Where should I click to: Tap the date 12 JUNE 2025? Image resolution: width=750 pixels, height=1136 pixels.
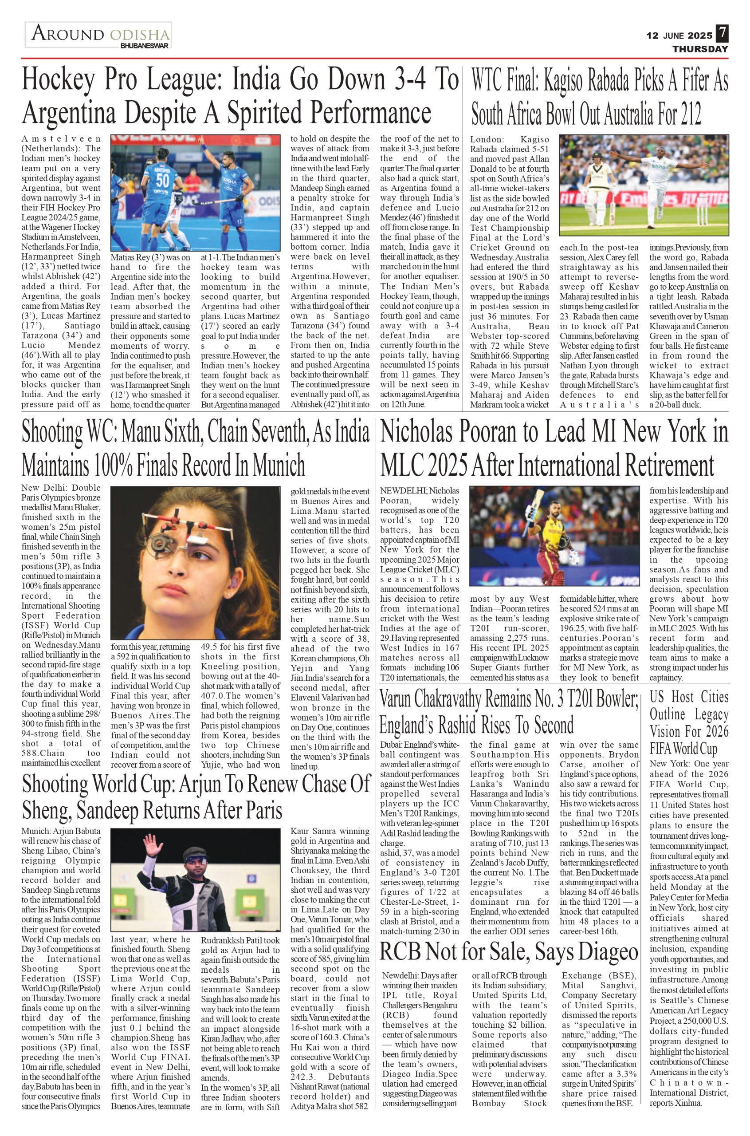[679, 36]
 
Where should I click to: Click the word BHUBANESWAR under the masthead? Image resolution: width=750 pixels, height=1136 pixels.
[145, 46]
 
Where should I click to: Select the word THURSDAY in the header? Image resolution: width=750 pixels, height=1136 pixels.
[700, 49]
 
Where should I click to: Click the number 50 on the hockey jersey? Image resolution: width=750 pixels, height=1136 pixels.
[163, 181]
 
